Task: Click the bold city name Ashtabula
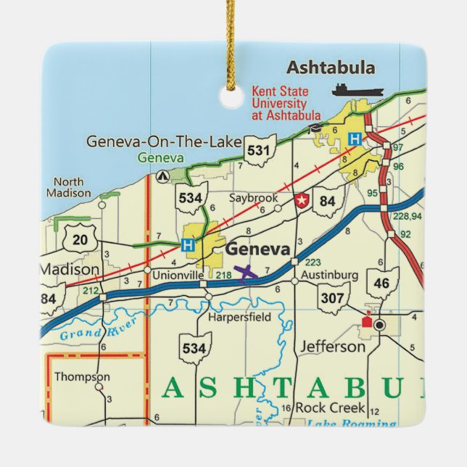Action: click(331, 68)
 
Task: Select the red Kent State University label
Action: click(286, 103)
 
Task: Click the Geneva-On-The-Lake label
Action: click(163, 141)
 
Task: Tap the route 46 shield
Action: click(382, 283)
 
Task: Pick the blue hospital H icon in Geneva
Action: click(188, 244)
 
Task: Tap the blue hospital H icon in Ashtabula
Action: click(355, 139)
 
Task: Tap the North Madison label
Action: click(69, 187)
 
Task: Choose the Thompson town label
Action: click(82, 377)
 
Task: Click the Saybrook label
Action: click(254, 197)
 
